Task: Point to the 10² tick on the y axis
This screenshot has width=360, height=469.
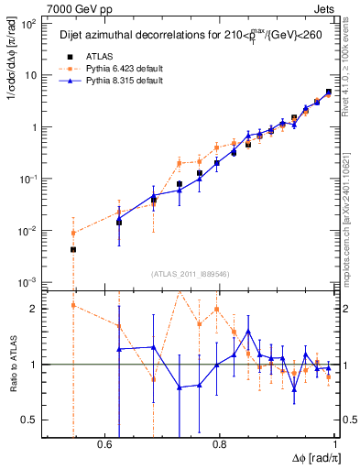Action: (x=30, y=24)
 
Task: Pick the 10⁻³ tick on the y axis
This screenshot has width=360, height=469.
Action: (x=30, y=282)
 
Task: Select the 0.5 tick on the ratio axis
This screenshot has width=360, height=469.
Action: (x=30, y=420)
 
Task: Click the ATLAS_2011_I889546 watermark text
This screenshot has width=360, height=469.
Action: (x=190, y=273)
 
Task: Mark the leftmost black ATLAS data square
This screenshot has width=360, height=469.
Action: (x=73, y=249)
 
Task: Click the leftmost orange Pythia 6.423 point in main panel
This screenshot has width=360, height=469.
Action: (x=73, y=233)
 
